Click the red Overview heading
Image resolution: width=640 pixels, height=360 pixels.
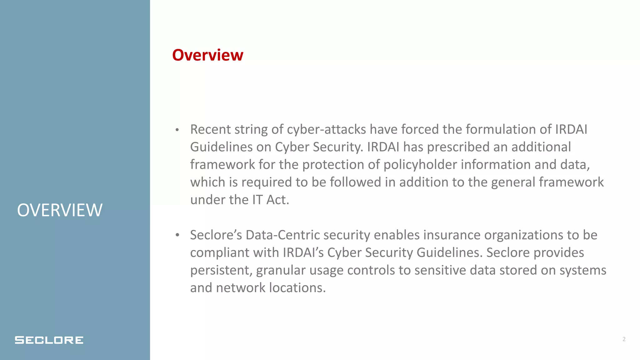click(207, 55)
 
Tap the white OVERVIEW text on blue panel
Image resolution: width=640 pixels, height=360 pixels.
click(60, 210)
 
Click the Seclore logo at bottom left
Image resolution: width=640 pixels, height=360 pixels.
click(49, 340)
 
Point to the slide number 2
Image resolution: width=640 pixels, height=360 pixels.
click(624, 339)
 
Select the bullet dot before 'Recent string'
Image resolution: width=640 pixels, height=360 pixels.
click(177, 130)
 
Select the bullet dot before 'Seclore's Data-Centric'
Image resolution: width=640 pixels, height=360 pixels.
click(177, 235)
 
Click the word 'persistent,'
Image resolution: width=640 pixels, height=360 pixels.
click(221, 270)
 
